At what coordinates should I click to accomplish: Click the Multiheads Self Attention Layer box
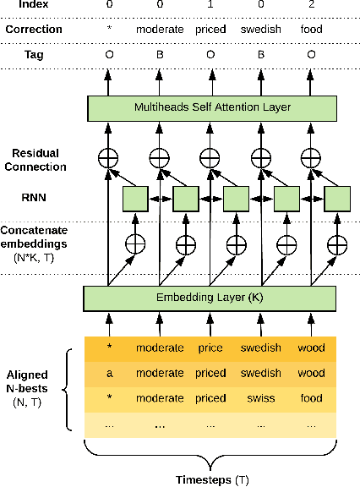[x=211, y=107]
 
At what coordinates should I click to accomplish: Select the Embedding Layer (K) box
[x=210, y=298]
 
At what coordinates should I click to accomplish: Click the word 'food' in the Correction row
[x=311, y=29]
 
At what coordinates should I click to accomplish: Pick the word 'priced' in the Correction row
[x=210, y=29]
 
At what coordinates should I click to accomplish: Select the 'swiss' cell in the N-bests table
[x=260, y=397]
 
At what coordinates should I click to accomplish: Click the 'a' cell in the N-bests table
[x=108, y=373]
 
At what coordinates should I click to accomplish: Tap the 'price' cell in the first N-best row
[x=210, y=348]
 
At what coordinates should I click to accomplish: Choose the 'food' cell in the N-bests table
[x=311, y=397]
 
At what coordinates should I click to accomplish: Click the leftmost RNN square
[x=135, y=199]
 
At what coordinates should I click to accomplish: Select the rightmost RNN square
[x=337, y=199]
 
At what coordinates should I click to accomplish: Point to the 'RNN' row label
[x=34, y=199]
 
